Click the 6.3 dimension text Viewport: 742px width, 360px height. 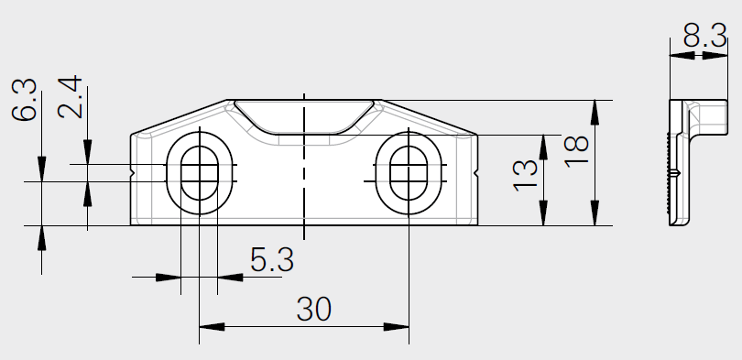(25, 100)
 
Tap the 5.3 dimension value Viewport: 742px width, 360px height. (271, 261)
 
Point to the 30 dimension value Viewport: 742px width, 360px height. (313, 310)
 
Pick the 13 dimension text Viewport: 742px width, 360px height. (524, 174)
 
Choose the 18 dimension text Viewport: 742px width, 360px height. (575, 147)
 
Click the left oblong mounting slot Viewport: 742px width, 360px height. (199, 171)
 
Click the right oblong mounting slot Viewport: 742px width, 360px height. (408, 171)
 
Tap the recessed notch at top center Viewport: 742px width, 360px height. (303, 117)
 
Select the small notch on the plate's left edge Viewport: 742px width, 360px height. (134, 171)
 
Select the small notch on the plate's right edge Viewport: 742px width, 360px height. (475, 171)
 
